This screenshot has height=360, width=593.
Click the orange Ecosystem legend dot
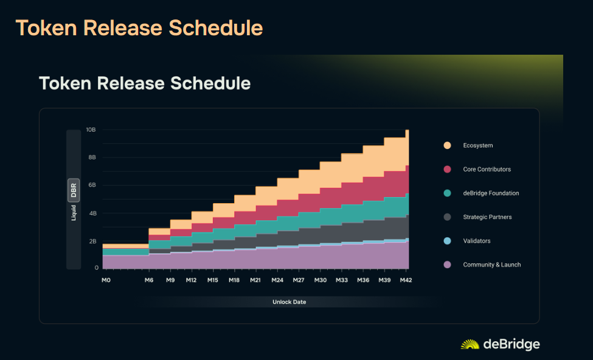[x=447, y=145]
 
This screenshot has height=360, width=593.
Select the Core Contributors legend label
[x=487, y=169]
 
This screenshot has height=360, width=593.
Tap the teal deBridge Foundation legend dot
[x=447, y=193]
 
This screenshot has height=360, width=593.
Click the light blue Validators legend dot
[x=447, y=241]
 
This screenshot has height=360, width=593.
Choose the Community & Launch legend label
[x=491, y=265]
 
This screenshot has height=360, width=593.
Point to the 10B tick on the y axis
[x=91, y=130]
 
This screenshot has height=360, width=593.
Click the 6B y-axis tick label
[x=92, y=185]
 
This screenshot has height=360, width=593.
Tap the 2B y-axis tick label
[x=92, y=241]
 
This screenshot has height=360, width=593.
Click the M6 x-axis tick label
[x=149, y=280]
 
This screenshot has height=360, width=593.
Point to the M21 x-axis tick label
[x=255, y=280]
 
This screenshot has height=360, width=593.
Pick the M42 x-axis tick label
[x=406, y=280]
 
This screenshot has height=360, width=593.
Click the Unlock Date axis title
[x=290, y=302]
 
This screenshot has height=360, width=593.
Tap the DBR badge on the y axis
[x=74, y=190]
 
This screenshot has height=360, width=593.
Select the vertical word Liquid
[x=74, y=212]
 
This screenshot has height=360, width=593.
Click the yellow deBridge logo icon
[x=470, y=344]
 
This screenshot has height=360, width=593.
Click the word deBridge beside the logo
[x=512, y=344]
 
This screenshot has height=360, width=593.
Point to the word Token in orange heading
[x=46, y=28]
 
